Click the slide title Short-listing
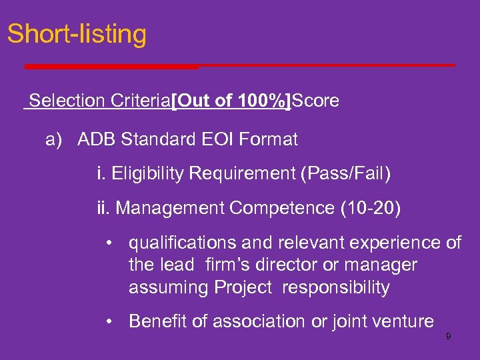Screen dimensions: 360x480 coord(77,33)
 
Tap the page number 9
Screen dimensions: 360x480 coord(449,337)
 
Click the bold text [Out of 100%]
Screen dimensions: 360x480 coord(231,101)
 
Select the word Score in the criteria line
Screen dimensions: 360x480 coord(315,101)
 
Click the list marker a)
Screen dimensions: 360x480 coord(54,140)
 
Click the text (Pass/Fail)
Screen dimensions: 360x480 coord(346,174)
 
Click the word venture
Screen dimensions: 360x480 coord(403,321)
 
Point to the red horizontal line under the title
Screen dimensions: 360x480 coord(240,66)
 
